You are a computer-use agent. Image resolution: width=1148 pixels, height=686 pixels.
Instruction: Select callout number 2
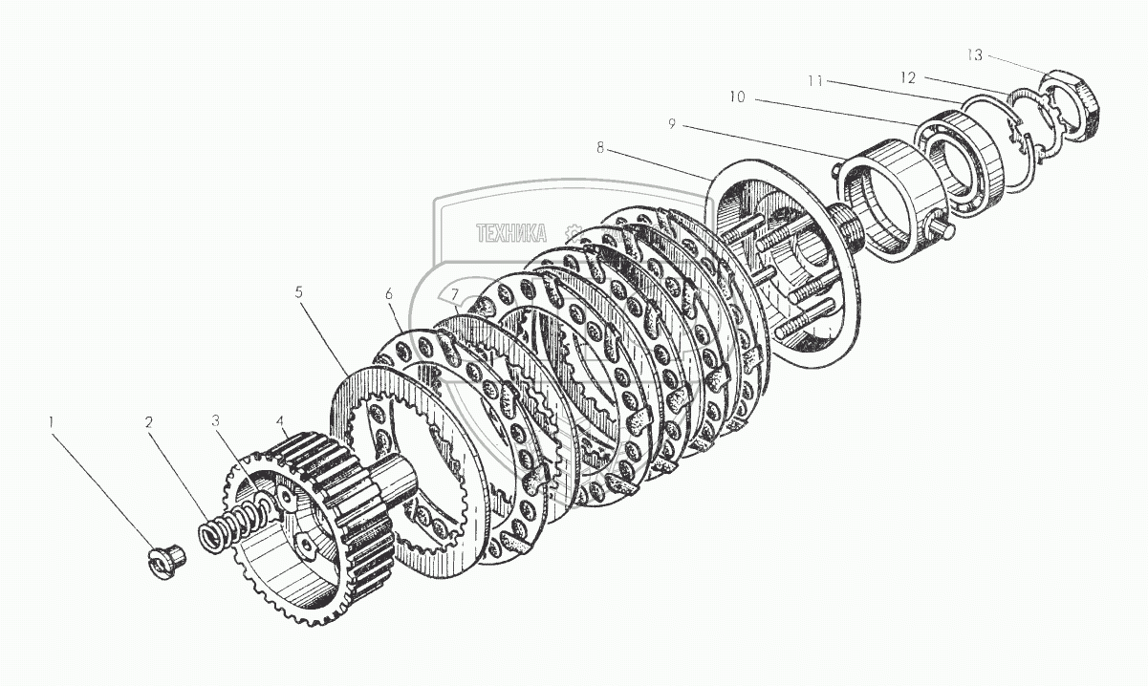tap(148, 421)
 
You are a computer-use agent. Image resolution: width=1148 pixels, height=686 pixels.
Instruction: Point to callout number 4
tap(279, 419)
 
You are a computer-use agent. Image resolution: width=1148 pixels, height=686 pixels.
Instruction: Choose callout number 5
tap(298, 292)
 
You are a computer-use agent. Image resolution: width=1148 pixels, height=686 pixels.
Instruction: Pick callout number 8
tap(599, 148)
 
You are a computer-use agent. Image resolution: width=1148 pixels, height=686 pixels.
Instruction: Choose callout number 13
tap(973, 54)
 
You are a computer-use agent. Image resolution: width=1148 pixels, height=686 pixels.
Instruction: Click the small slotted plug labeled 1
tap(169, 557)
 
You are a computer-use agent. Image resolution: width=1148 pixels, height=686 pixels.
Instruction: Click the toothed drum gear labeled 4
tap(325, 516)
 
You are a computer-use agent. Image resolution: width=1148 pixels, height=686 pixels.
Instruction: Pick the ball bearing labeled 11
tap(962, 158)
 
